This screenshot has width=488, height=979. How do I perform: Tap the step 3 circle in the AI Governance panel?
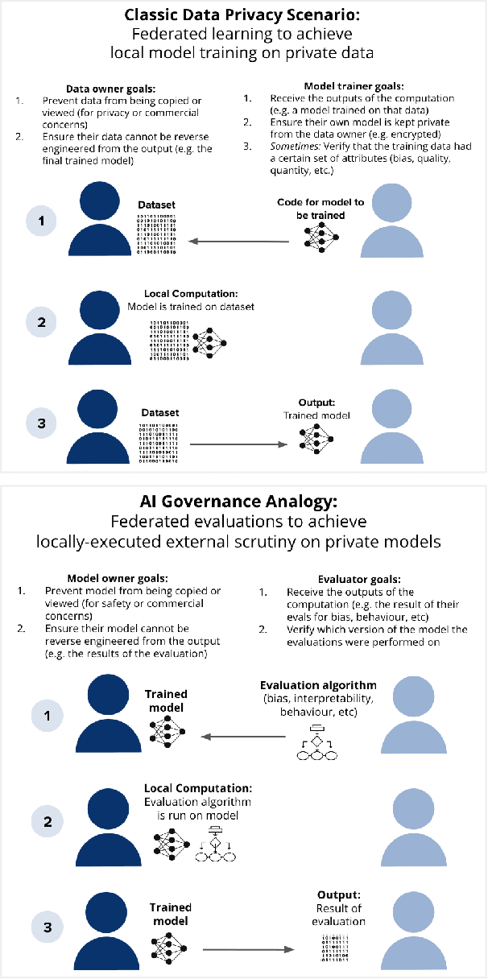(x=48, y=926)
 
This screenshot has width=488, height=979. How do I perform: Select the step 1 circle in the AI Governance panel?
(x=48, y=713)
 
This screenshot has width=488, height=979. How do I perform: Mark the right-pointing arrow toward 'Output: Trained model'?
(x=238, y=444)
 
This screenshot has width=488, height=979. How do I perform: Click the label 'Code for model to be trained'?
(x=311, y=209)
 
